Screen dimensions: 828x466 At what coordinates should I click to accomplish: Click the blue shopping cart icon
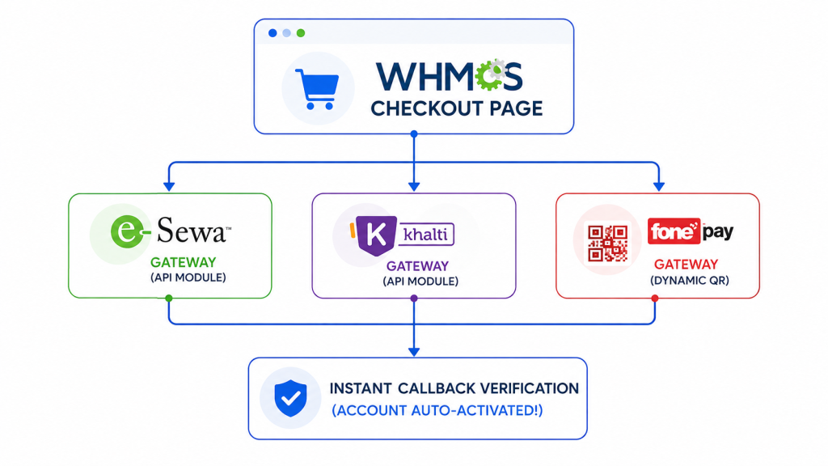point(317,89)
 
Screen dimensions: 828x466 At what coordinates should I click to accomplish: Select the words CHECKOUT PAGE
point(456,109)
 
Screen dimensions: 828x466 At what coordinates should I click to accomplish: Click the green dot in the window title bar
point(301,33)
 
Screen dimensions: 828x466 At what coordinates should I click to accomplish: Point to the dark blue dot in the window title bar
point(272,33)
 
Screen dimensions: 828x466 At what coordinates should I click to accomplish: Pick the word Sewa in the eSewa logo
point(191,231)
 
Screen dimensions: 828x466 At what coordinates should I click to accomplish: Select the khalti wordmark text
point(425,234)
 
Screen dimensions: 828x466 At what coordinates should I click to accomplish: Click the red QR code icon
point(608,243)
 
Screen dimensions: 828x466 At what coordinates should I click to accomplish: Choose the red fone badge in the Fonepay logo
point(674,231)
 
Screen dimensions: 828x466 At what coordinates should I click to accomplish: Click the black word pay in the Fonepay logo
point(718,232)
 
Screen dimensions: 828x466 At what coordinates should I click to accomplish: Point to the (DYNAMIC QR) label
point(690,281)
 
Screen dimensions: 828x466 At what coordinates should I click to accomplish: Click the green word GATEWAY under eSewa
point(184,262)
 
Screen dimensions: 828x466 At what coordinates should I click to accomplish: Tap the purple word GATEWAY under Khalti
point(417,265)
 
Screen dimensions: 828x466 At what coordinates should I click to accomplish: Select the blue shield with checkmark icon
point(290,398)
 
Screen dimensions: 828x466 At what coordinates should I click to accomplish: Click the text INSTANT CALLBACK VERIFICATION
point(454,388)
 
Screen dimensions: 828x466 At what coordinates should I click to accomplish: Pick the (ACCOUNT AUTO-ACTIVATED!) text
point(437,410)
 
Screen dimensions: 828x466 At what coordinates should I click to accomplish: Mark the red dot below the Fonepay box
point(655,299)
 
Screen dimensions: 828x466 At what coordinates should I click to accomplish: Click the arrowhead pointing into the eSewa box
point(169,187)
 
